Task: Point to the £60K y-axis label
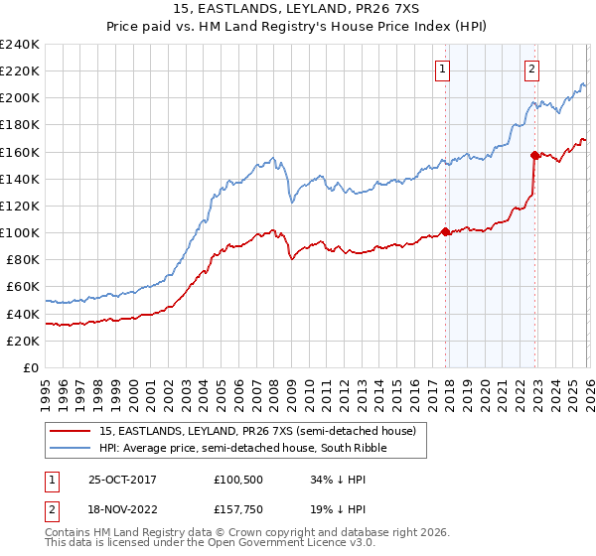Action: [22, 286]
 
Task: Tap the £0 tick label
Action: [31, 367]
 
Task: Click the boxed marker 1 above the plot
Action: [441, 69]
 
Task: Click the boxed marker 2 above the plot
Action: [532, 69]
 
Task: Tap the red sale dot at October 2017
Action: [445, 231]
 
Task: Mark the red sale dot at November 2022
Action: [534, 154]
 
